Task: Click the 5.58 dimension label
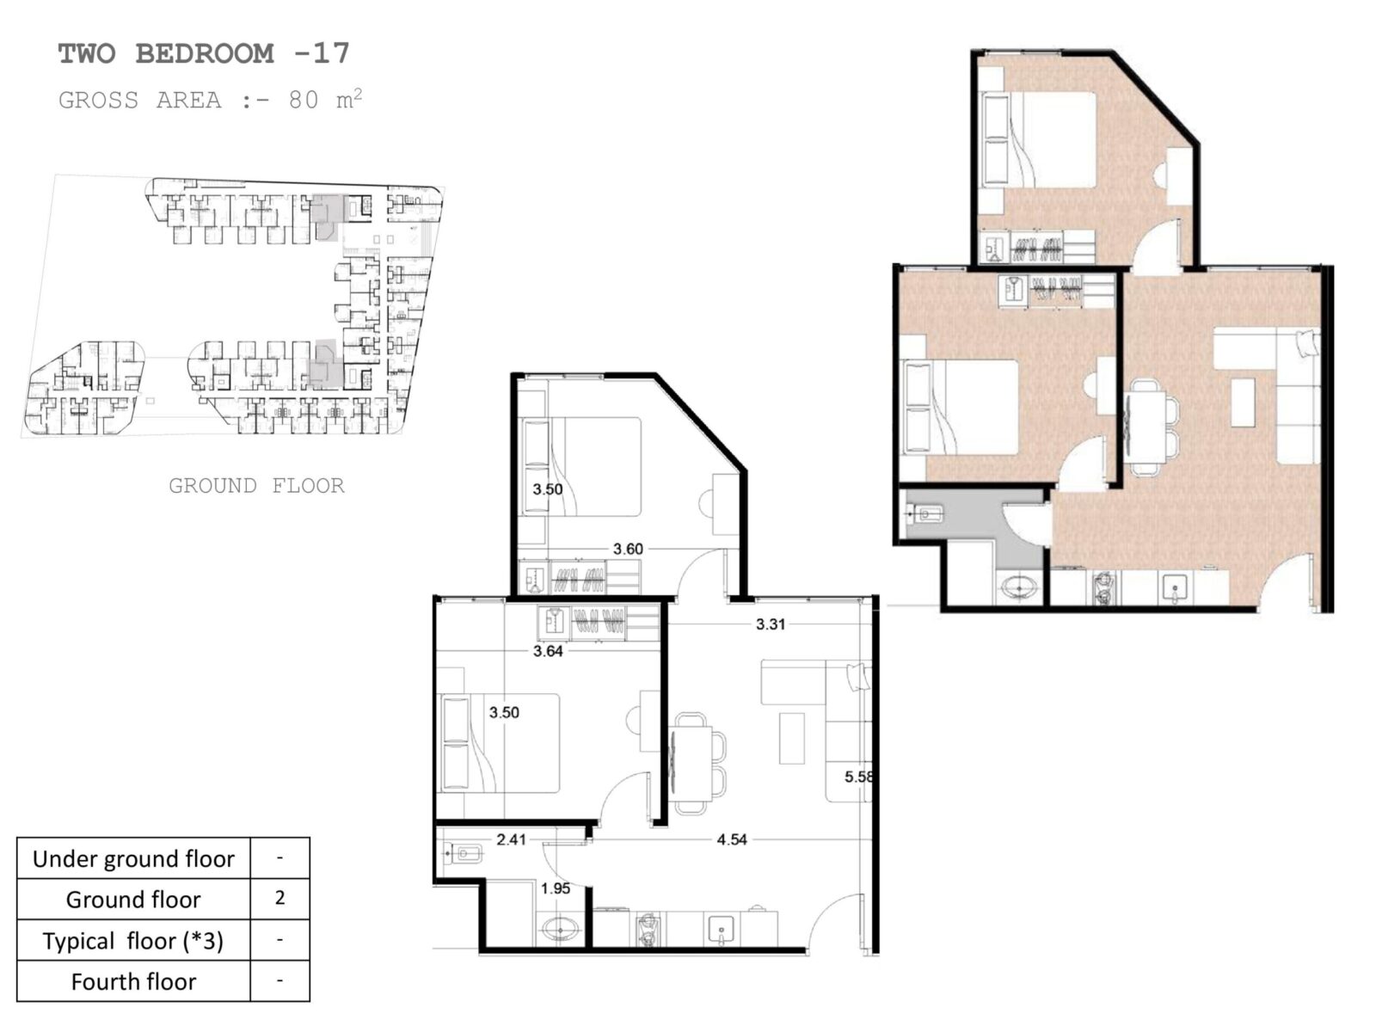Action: point(858,777)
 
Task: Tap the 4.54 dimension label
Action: point(732,839)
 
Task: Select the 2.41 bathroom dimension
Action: point(511,839)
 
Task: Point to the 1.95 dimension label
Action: point(556,888)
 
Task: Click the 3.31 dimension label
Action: point(771,624)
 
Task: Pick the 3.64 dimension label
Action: point(548,651)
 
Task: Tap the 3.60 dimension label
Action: point(628,549)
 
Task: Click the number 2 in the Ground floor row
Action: point(279,898)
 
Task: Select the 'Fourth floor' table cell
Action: point(133,981)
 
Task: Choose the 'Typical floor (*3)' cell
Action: point(133,941)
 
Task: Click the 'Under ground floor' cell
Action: point(133,858)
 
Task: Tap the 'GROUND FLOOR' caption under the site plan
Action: point(256,486)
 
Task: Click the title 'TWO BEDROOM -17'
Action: point(204,53)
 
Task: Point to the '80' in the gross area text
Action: point(304,101)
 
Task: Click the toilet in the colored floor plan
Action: point(926,514)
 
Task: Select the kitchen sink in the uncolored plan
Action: point(721,930)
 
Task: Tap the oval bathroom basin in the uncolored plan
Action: point(561,929)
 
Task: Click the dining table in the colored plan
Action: point(1146,427)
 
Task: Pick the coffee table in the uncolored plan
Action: point(791,738)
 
